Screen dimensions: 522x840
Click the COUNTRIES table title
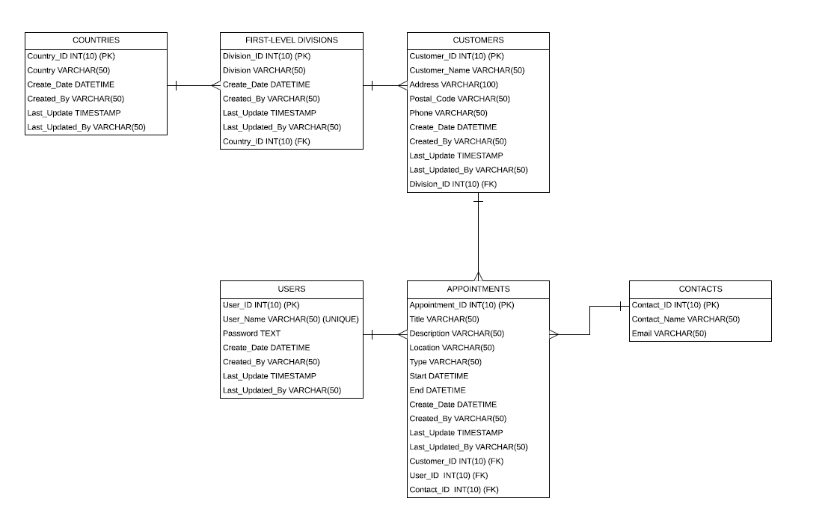pyautogui.click(x=96, y=40)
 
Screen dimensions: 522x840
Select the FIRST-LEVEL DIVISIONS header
pyautogui.click(x=291, y=40)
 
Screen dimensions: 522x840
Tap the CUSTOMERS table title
pyautogui.click(x=478, y=40)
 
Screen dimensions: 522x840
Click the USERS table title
pyautogui.click(x=291, y=289)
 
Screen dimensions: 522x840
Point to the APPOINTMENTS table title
pyautogui.click(x=478, y=289)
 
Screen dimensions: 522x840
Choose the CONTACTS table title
pyautogui.click(x=700, y=289)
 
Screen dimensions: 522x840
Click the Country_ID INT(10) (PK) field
pyautogui.click(x=71, y=56)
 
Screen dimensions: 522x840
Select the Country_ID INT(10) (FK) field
pyautogui.click(x=266, y=141)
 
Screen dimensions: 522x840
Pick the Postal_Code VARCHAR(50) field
pyautogui.click(x=459, y=99)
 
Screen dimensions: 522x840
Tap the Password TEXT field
pyautogui.click(x=251, y=334)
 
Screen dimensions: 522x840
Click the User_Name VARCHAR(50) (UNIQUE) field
pyautogui.click(x=290, y=319)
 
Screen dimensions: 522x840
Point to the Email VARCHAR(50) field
pyautogui.click(x=669, y=334)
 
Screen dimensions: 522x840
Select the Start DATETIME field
pyautogui.click(x=438, y=376)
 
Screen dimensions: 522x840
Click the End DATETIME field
pyautogui.click(x=437, y=390)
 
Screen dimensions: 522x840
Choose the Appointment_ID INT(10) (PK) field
pyautogui.click(x=462, y=305)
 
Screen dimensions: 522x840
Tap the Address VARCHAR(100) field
pyautogui.click(x=453, y=85)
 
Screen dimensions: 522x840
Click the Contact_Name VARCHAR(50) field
pyautogui.click(x=685, y=319)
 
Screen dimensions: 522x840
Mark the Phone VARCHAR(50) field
pyautogui.click(x=448, y=113)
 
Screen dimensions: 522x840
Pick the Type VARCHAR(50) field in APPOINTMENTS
pyautogui.click(x=445, y=362)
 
